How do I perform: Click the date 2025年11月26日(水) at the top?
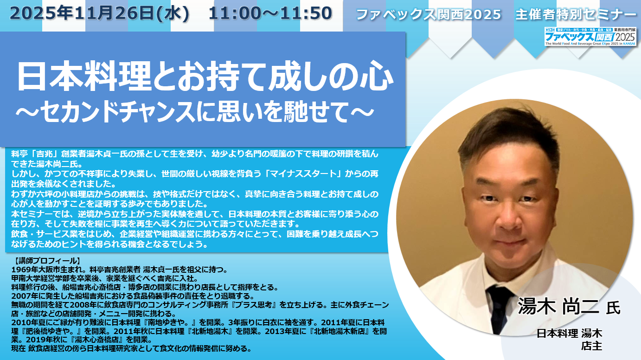99,13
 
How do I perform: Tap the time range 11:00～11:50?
270,13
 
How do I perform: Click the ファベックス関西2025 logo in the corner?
590,36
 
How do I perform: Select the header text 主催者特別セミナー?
576,14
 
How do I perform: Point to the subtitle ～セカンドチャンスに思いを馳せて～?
195,112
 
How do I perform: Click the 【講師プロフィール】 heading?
46,261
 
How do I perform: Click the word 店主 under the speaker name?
591,346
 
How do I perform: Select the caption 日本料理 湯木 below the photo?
570,333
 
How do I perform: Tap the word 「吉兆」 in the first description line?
44,154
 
